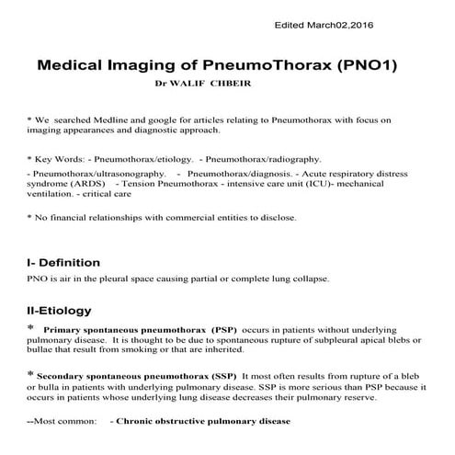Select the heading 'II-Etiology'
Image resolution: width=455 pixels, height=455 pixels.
[x=59, y=311]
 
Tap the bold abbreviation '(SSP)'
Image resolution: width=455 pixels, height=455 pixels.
[x=219, y=376]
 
